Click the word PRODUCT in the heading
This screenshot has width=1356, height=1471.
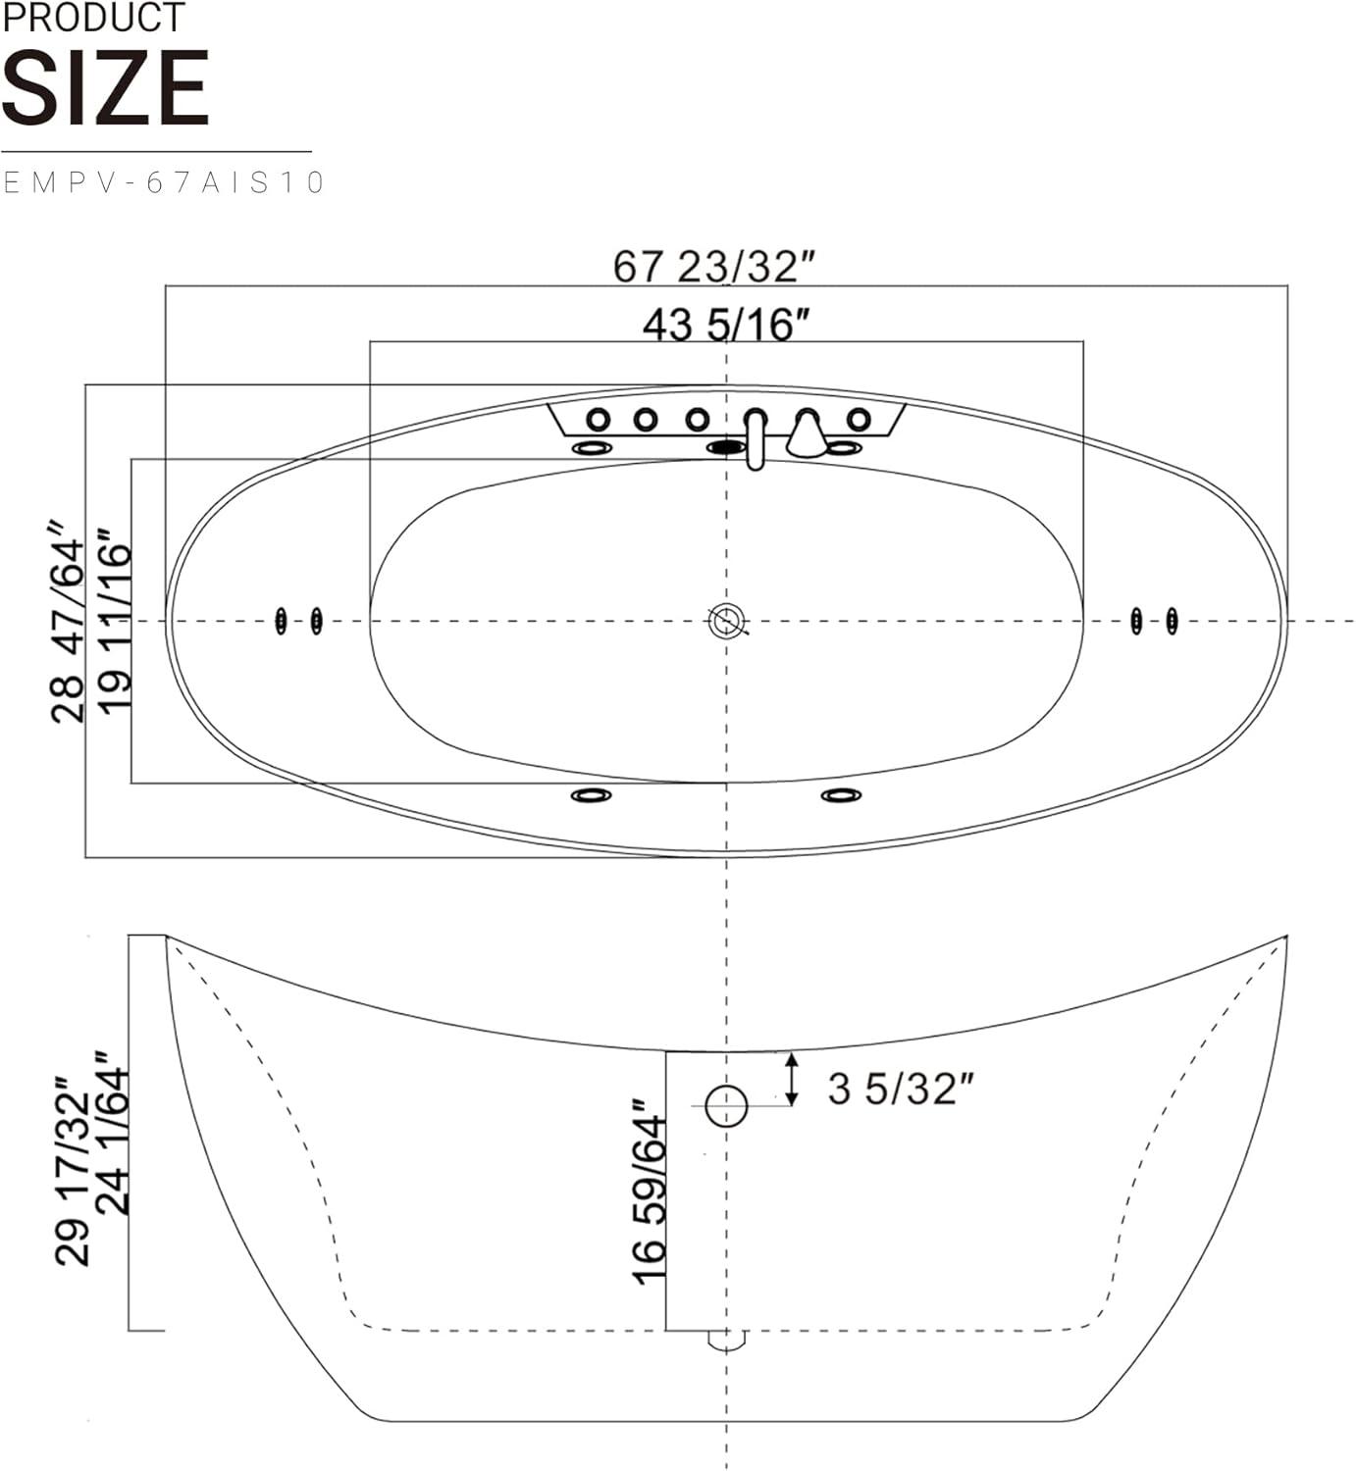[x=93, y=18]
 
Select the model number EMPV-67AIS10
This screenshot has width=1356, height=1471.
[x=164, y=182]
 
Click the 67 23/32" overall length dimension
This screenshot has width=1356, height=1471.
[x=714, y=266]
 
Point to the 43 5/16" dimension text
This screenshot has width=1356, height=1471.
[x=726, y=325]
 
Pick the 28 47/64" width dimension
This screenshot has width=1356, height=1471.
[x=68, y=623]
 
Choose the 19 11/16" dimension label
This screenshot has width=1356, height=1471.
[x=115, y=622]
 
